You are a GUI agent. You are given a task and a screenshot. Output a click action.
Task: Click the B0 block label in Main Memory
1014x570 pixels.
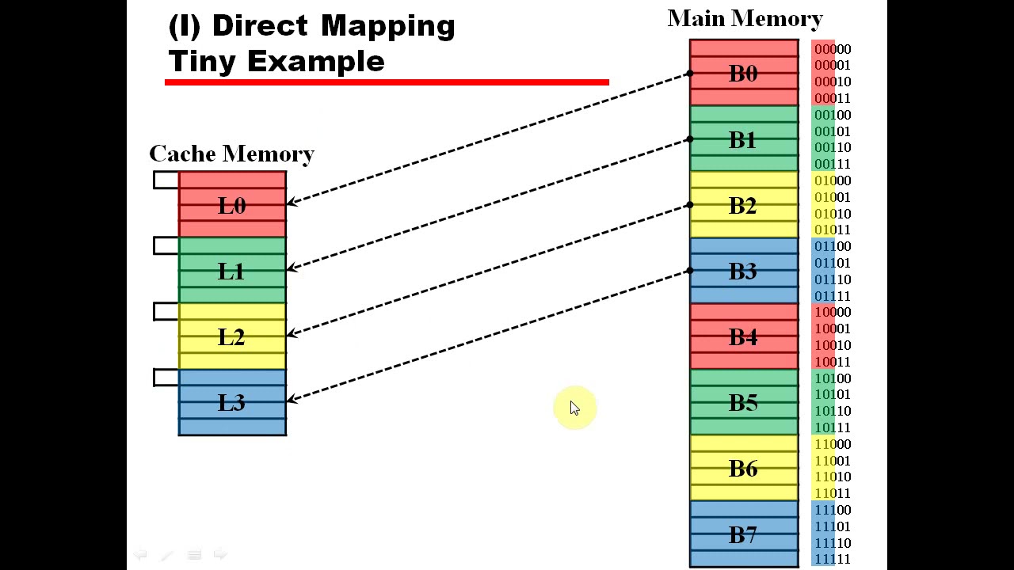point(743,74)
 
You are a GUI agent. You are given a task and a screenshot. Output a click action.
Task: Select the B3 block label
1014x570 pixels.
point(743,272)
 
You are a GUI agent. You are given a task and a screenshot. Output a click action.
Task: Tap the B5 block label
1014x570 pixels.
point(743,403)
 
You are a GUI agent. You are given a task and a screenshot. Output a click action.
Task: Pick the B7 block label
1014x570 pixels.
point(743,535)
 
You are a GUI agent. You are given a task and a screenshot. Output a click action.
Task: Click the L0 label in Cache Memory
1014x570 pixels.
point(231,206)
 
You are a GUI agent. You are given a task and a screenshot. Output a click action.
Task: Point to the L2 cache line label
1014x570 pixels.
point(231,337)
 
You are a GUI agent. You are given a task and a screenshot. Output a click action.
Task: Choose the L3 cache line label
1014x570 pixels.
point(231,403)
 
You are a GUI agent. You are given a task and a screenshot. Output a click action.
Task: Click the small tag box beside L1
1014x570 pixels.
point(166,246)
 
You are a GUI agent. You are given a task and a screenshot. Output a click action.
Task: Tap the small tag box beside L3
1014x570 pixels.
point(166,378)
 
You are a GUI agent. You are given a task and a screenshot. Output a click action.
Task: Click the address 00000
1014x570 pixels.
point(832,49)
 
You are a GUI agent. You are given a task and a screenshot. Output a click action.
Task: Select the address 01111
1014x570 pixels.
point(832,296)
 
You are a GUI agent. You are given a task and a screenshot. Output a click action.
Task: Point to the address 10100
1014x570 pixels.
point(832,378)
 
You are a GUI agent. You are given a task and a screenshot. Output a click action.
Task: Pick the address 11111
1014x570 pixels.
point(832,560)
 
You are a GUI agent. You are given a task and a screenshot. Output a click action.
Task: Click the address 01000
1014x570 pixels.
point(832,180)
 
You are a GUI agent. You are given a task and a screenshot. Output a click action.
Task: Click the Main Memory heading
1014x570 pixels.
point(745,19)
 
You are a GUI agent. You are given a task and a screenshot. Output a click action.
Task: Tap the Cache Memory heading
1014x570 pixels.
point(231,154)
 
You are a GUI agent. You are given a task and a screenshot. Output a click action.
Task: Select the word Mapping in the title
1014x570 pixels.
point(387,26)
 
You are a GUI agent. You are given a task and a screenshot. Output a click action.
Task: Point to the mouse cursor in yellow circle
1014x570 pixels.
point(574,408)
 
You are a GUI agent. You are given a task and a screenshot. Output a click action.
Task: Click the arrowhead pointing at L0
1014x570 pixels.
point(292,203)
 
